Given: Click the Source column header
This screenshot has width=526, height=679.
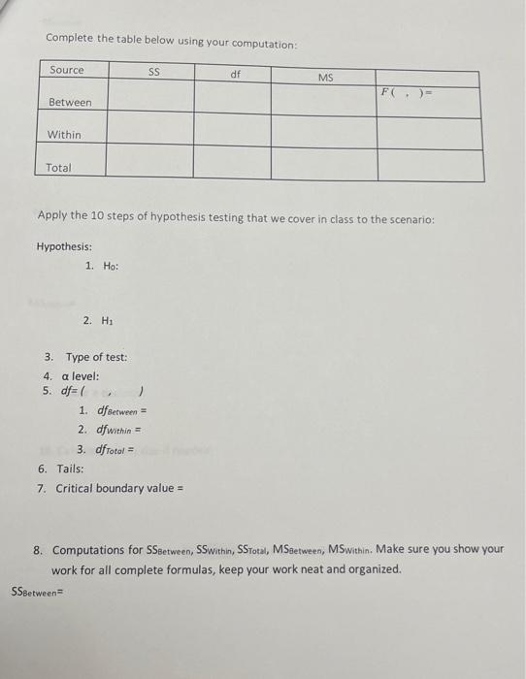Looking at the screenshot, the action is pyautogui.click(x=67, y=70).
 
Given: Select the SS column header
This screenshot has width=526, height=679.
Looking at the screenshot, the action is pyautogui.click(x=153, y=71).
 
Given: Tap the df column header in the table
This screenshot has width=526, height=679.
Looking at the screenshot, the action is pyautogui.click(x=235, y=73).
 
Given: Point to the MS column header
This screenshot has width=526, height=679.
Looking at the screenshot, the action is pyautogui.click(x=325, y=76).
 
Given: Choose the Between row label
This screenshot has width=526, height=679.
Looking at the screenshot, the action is pyautogui.click(x=70, y=103).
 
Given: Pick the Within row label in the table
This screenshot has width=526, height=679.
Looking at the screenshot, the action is pyautogui.click(x=64, y=135).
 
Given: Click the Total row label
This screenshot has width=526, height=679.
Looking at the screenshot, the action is pyautogui.click(x=58, y=168).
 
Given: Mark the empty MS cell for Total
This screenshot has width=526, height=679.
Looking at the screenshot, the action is pyautogui.click(x=323, y=164).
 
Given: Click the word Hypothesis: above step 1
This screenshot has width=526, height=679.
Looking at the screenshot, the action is pyautogui.click(x=65, y=246).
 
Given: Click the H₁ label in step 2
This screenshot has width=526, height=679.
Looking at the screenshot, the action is pyautogui.click(x=107, y=319).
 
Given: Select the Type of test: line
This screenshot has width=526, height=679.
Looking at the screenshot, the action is pyautogui.click(x=96, y=358).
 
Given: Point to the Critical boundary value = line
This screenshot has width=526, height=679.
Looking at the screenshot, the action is pyautogui.click(x=120, y=488).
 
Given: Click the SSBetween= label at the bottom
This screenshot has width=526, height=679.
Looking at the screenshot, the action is pyautogui.click(x=35, y=589).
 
